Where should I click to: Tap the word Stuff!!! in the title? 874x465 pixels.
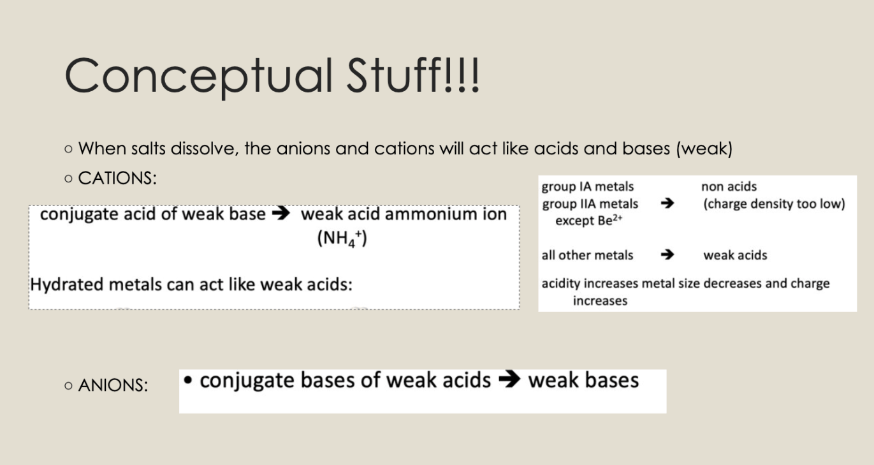coord(413,75)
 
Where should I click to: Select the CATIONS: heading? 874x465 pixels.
coord(117,179)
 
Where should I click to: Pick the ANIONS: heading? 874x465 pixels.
coord(113,385)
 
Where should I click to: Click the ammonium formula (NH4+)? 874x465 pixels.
coord(342,238)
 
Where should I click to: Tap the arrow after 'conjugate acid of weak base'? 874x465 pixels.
coord(281,213)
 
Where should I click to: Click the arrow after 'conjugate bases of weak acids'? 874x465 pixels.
coord(509,379)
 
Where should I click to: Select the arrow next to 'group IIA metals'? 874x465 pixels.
coord(667,203)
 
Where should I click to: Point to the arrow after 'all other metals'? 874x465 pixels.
coord(667,255)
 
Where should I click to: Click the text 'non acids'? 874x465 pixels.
coord(729,187)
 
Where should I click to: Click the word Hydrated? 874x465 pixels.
coord(67,284)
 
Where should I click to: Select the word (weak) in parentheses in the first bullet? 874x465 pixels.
coord(704,149)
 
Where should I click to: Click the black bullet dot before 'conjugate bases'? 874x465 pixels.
coord(188,380)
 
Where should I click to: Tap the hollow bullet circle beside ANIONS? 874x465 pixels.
coord(68,386)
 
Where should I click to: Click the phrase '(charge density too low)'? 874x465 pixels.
coord(774,204)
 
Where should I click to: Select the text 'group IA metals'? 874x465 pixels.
coord(588,187)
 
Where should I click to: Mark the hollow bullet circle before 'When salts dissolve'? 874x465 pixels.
coord(68,149)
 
